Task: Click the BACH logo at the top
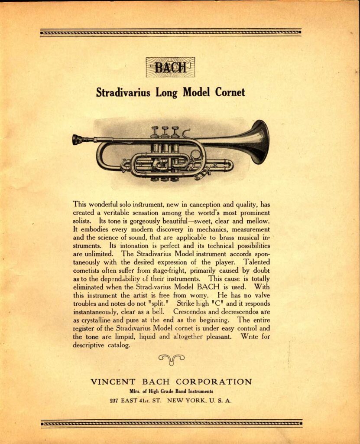tap(170, 67)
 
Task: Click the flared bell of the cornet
tap(259, 142)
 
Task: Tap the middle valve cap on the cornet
tap(165, 129)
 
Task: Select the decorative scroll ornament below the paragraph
tap(171, 359)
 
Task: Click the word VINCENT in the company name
tap(114, 382)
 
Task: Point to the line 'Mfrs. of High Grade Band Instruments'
tap(171, 392)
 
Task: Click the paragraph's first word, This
tap(80, 203)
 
